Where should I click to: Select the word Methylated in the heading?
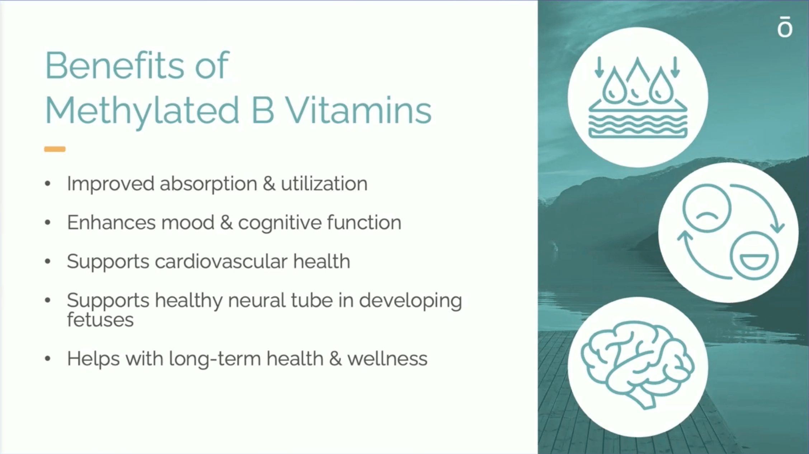tap(142, 110)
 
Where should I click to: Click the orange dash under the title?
tap(55, 149)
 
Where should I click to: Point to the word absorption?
tap(209, 184)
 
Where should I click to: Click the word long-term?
tap(214, 359)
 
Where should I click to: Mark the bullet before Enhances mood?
tap(48, 223)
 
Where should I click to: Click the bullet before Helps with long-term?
tap(48, 359)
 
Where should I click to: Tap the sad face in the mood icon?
tap(707, 208)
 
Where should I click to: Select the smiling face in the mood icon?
tap(754, 256)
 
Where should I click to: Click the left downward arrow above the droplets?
tap(599, 67)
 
